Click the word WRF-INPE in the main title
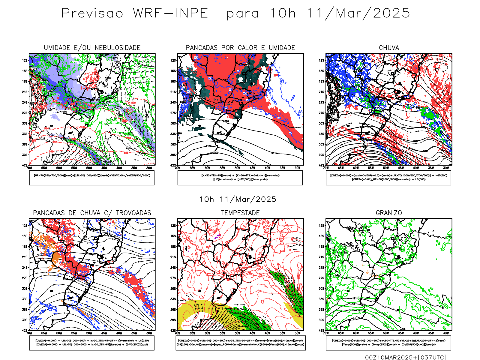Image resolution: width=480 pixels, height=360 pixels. [170, 13]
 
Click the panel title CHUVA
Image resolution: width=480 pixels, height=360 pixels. [389, 48]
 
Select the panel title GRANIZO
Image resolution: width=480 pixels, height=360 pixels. [389, 213]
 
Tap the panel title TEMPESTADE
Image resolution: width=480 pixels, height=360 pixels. [240, 213]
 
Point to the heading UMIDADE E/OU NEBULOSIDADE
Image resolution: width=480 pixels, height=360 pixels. [92, 48]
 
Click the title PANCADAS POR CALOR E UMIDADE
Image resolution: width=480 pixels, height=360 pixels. [240, 48]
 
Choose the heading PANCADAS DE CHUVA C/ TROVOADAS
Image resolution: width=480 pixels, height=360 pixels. [92, 213]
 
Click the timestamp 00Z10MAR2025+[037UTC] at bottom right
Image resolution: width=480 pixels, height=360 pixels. [406, 357]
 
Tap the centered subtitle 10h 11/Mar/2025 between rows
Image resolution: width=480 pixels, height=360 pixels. [238, 199]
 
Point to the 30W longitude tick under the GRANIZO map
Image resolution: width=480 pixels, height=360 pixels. [446, 333]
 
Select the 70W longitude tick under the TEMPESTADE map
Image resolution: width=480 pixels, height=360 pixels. [178, 333]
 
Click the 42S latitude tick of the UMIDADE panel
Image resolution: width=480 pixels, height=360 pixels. [25, 165]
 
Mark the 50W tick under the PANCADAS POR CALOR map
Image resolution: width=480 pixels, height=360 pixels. [238, 168]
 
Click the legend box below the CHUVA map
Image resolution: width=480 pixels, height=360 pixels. [388, 178]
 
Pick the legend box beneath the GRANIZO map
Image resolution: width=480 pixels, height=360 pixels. [388, 343]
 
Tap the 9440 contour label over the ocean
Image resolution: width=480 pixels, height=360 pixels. [274, 153]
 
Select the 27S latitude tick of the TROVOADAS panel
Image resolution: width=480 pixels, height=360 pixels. [25, 278]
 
